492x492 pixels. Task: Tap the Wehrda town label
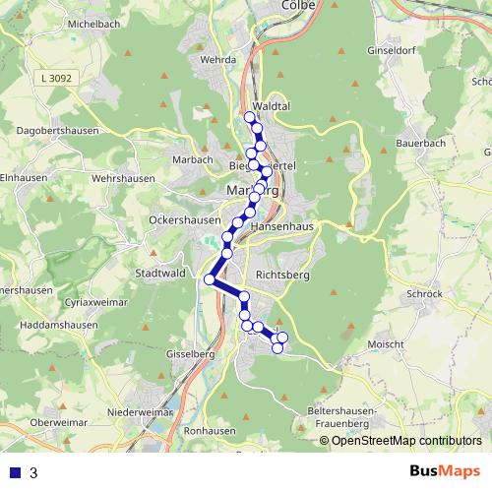pos(218,60)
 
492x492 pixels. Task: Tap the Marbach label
pos(193,159)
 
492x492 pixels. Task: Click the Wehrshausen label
pos(122,178)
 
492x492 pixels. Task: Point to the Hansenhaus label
pos(282,225)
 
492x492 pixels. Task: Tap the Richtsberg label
pos(283,275)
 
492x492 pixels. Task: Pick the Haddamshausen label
pos(55,324)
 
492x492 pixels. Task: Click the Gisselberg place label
pos(191,352)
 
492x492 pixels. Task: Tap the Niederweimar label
pos(142,412)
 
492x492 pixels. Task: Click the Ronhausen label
pos(208,431)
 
